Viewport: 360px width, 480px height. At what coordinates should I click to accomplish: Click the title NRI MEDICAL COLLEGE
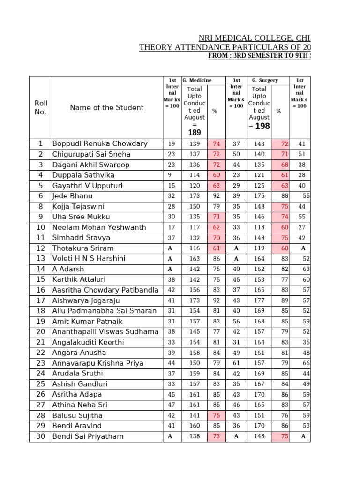pyautogui.click(x=254, y=38)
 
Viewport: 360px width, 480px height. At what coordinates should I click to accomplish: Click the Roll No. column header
pyautogui.click(x=41, y=107)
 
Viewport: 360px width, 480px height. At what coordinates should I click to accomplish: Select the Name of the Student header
pyautogui.click(x=107, y=107)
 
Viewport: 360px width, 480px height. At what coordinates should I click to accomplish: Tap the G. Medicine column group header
pyautogui.click(x=197, y=81)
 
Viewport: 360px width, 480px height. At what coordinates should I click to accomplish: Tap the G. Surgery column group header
pyautogui.click(x=265, y=81)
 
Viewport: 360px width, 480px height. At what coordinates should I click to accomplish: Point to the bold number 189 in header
pyautogui.click(x=194, y=133)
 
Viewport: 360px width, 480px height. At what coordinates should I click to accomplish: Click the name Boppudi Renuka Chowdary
pyautogui.click(x=100, y=143)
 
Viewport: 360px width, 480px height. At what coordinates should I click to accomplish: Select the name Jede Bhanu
pyautogui.click(x=73, y=196)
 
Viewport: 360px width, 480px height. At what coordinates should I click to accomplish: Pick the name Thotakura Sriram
pyautogui.click(x=83, y=248)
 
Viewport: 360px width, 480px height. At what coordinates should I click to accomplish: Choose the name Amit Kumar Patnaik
pyautogui.click(x=88, y=321)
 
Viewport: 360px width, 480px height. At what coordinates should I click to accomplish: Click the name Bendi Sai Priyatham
pyautogui.click(x=88, y=436)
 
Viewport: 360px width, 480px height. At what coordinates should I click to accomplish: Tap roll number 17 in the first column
pyautogui.click(x=41, y=300)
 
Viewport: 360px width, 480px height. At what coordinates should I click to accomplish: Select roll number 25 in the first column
pyautogui.click(x=41, y=384)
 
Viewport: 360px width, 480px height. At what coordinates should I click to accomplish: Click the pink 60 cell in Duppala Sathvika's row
pyautogui.click(x=216, y=175)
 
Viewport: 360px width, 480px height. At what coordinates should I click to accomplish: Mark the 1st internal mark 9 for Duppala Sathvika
pyautogui.click(x=172, y=175)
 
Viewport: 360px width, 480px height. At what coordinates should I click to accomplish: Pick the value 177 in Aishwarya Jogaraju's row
pyautogui.click(x=259, y=300)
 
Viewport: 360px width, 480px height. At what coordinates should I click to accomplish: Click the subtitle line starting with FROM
pyautogui.click(x=259, y=56)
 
